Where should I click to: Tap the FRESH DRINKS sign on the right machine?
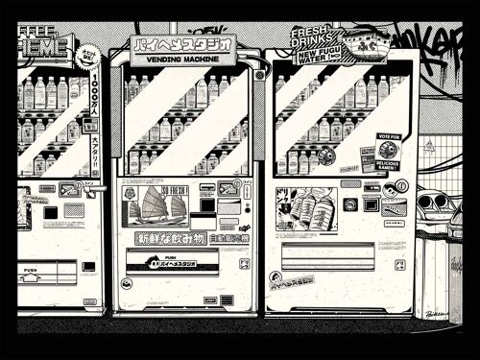pos(310,37)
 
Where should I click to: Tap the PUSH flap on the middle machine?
pos(171,262)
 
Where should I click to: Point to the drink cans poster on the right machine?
pos(314,206)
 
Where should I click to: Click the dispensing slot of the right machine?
pos(326,255)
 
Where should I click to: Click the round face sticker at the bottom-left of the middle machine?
pos(127,283)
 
